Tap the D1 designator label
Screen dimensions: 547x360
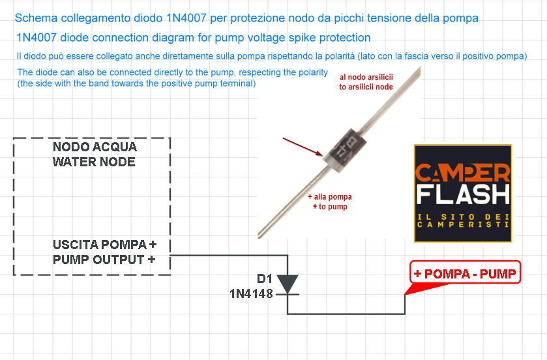265,278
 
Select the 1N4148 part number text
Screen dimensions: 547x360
251,294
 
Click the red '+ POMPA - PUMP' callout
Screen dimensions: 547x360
465,273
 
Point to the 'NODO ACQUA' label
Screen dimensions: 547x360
95,147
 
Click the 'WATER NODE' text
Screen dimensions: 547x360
94,162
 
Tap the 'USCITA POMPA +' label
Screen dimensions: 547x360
105,245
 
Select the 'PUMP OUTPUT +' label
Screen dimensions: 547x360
104,260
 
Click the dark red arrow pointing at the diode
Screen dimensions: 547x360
303,147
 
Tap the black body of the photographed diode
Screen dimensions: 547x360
345,151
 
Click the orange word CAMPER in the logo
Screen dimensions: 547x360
463,173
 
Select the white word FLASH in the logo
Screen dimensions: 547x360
463,194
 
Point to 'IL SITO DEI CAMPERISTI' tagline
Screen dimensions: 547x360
463,221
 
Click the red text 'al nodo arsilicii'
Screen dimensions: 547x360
366,77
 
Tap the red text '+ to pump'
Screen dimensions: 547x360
330,207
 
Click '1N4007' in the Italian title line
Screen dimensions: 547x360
186,18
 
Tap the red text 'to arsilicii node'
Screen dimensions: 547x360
366,87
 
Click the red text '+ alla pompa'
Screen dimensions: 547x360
330,197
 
